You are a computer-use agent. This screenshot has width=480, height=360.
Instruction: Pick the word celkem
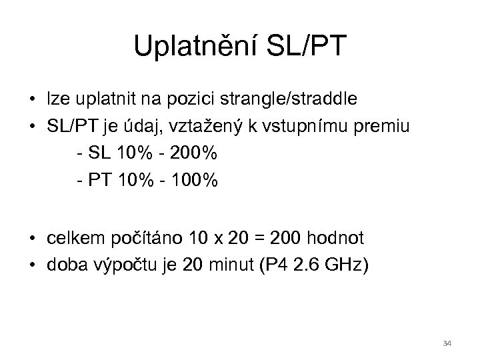pos(69,239)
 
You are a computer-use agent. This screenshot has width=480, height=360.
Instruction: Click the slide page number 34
pos(447,343)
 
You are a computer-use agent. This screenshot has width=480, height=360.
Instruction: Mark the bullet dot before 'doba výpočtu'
pos(32,266)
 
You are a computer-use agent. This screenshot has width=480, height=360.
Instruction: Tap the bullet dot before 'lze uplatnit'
pos(32,100)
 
